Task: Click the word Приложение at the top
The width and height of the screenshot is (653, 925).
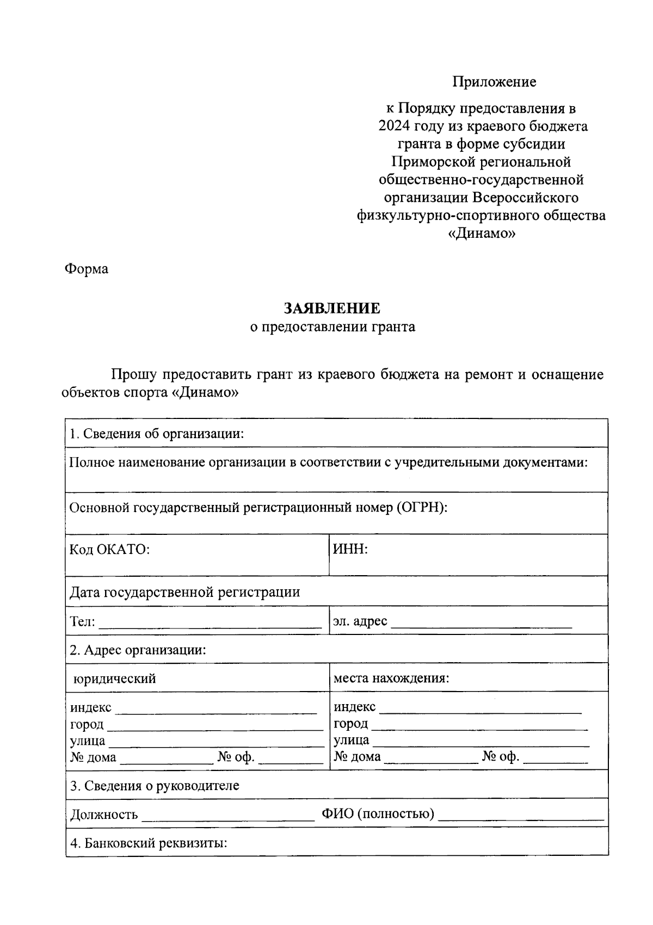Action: [494, 82]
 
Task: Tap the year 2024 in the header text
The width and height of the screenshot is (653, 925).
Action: [394, 126]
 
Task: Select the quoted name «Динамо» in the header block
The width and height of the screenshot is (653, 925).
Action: [481, 234]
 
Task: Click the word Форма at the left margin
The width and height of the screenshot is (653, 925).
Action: [87, 269]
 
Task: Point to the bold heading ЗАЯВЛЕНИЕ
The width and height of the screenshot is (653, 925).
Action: [332, 309]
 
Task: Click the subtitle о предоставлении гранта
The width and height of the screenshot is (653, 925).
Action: [332, 327]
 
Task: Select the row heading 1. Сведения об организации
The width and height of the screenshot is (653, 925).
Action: [157, 434]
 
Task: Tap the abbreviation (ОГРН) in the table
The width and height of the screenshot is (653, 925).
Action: [421, 508]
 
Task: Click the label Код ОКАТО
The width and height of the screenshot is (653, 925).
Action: [109, 550]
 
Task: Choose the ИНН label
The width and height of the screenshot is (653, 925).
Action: [350, 549]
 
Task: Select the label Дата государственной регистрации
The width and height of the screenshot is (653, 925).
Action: [185, 592]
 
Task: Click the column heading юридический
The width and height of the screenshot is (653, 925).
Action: [115, 679]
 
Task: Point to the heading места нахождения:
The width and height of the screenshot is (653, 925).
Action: [391, 679]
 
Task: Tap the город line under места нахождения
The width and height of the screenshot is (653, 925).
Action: [480, 727]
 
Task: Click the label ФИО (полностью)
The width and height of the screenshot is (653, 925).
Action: [378, 814]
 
